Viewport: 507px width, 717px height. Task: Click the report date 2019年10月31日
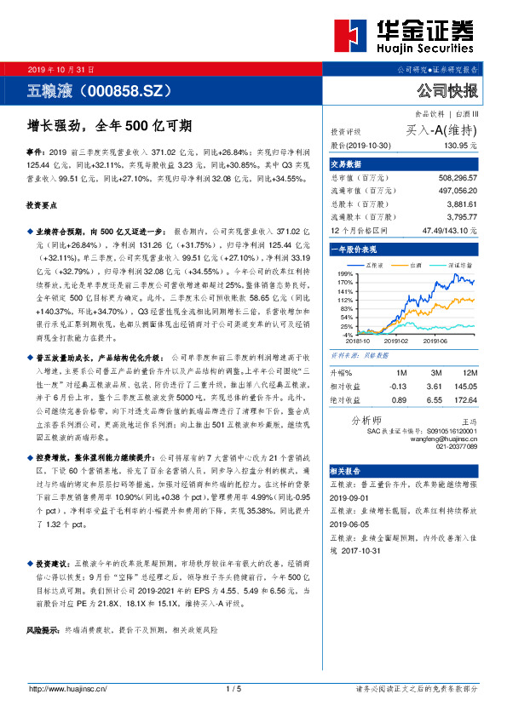[61, 69]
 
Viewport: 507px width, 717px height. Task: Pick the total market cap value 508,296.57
[453, 180]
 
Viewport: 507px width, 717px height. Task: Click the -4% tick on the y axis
[345, 335]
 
